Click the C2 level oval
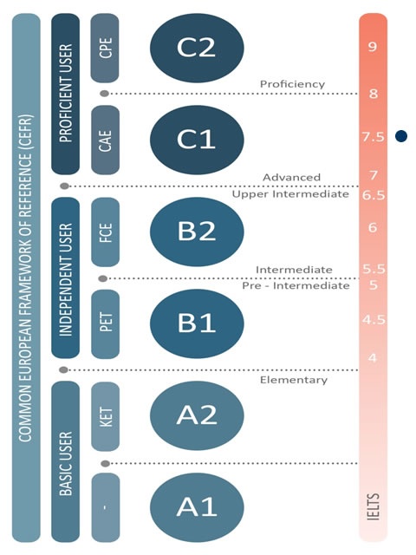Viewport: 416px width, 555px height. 197,48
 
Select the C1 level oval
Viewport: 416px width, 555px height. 197,140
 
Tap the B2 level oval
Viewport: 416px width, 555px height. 197,232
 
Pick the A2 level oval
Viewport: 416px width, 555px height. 197,415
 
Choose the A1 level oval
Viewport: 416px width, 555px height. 197,507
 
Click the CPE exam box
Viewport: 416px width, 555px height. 105,48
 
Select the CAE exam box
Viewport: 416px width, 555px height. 105,140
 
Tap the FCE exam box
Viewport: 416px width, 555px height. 105,232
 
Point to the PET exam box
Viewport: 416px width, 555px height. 105,323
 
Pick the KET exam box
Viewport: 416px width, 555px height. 105,416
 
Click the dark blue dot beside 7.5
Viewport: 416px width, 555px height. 401,136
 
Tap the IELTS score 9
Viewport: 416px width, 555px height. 372,46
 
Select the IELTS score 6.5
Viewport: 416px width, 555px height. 374,195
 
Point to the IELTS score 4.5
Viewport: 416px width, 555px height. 374,320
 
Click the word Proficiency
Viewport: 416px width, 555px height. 293,84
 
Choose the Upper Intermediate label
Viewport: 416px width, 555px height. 290,194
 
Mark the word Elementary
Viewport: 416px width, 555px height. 294,380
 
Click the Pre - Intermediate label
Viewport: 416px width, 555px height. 296,285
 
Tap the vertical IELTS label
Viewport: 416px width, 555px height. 374,506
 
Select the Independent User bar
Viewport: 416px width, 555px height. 66,277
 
